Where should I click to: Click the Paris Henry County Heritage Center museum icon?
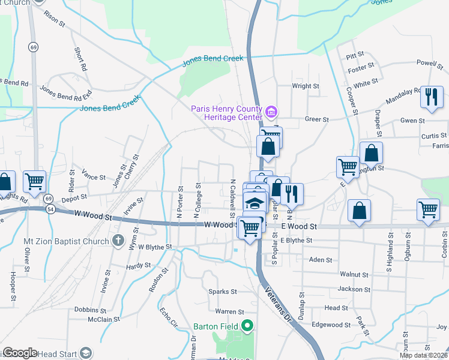271,112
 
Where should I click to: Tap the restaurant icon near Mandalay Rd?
432,98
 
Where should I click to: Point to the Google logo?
20,353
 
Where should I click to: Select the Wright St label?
305,86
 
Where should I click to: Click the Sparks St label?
223,292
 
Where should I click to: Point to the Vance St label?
94,178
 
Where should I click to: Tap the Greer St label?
316,119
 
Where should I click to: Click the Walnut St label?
353,274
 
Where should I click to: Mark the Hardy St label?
138,265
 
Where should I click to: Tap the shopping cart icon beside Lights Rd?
34,181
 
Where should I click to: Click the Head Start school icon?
86,353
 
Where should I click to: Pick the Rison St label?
53,19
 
